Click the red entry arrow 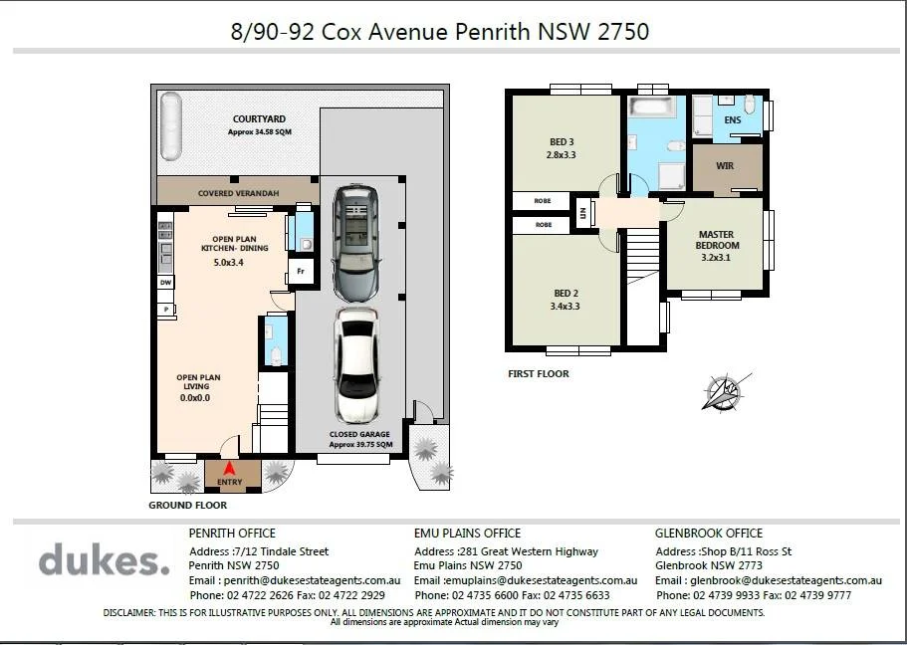coord(229,468)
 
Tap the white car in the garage coord(357,365)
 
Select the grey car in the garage coord(356,243)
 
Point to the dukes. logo coord(105,558)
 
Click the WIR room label coord(725,166)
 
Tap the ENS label coord(733,119)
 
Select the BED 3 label coord(562,141)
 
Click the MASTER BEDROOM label coord(717,240)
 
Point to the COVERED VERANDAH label coord(238,193)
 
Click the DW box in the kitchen coord(166,283)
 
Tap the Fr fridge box coord(301,271)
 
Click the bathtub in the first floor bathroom coord(652,106)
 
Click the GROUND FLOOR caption coord(187,505)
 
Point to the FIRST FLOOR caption coord(539,373)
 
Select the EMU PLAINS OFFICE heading coord(467,533)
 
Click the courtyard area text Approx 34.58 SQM coord(259,132)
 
